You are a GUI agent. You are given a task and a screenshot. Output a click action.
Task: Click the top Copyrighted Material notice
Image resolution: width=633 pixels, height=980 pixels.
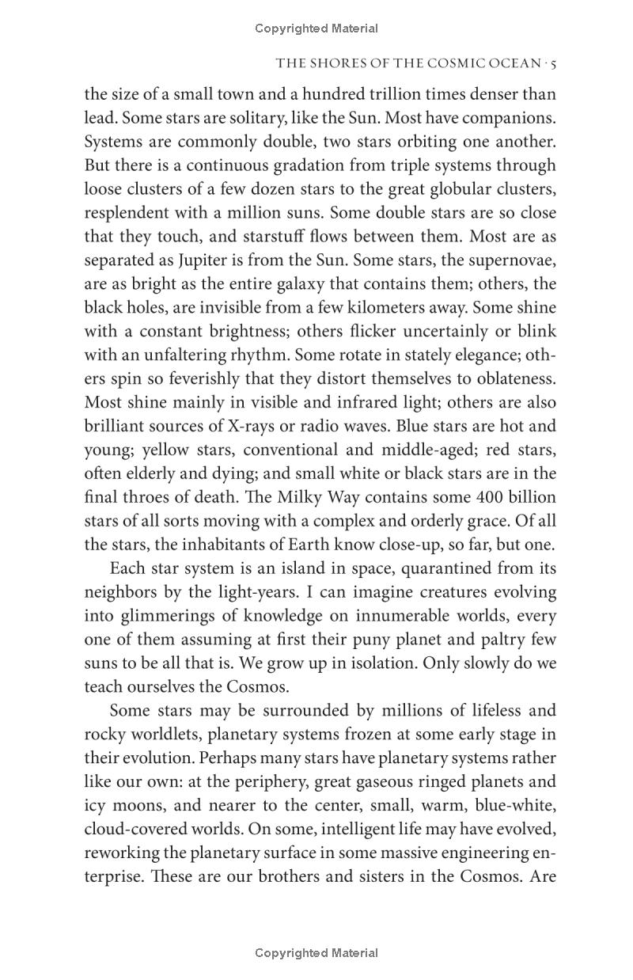pos(316,28)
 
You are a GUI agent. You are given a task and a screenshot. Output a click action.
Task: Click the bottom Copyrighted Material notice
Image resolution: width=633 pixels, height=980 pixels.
pos(316,953)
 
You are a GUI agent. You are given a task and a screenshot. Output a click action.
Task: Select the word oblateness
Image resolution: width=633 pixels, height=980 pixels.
pos(514,378)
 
